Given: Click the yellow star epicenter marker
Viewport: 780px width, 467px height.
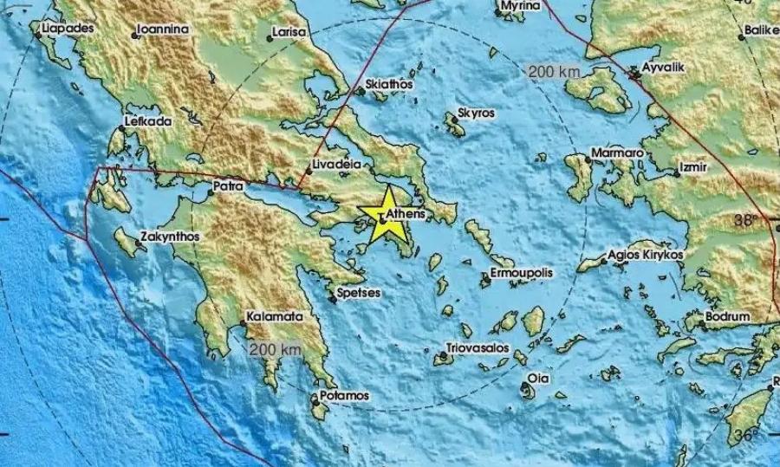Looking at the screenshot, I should pyautogui.click(x=382, y=221).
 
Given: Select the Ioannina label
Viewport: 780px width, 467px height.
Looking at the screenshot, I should pyautogui.click(x=165, y=29).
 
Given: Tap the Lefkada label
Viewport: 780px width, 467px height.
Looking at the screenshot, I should pyautogui.click(x=148, y=120).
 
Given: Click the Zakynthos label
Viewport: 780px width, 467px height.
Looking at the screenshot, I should pyautogui.click(x=172, y=236).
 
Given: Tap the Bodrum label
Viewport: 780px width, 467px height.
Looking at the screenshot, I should pyautogui.click(x=726, y=317).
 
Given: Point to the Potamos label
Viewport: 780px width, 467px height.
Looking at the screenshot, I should pyautogui.click(x=345, y=395).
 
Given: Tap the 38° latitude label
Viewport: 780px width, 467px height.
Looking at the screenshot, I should pyautogui.click(x=744, y=219).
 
